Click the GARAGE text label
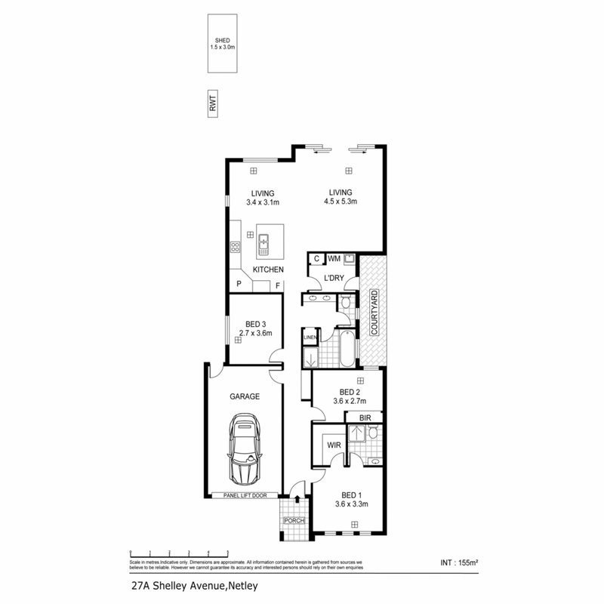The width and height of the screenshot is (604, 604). pos(244,396)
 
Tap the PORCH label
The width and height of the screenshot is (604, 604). pos(292,520)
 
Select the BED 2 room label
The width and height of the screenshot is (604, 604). pos(350,392)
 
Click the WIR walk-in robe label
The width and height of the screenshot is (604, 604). pos(333,445)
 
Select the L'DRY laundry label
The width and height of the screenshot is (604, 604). pos(334,279)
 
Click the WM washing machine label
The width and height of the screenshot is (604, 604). pos(333,259)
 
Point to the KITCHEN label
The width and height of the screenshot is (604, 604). pos(268,270)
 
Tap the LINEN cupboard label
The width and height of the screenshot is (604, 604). pos(310,337)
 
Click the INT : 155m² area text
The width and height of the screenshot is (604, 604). pos(458,562)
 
